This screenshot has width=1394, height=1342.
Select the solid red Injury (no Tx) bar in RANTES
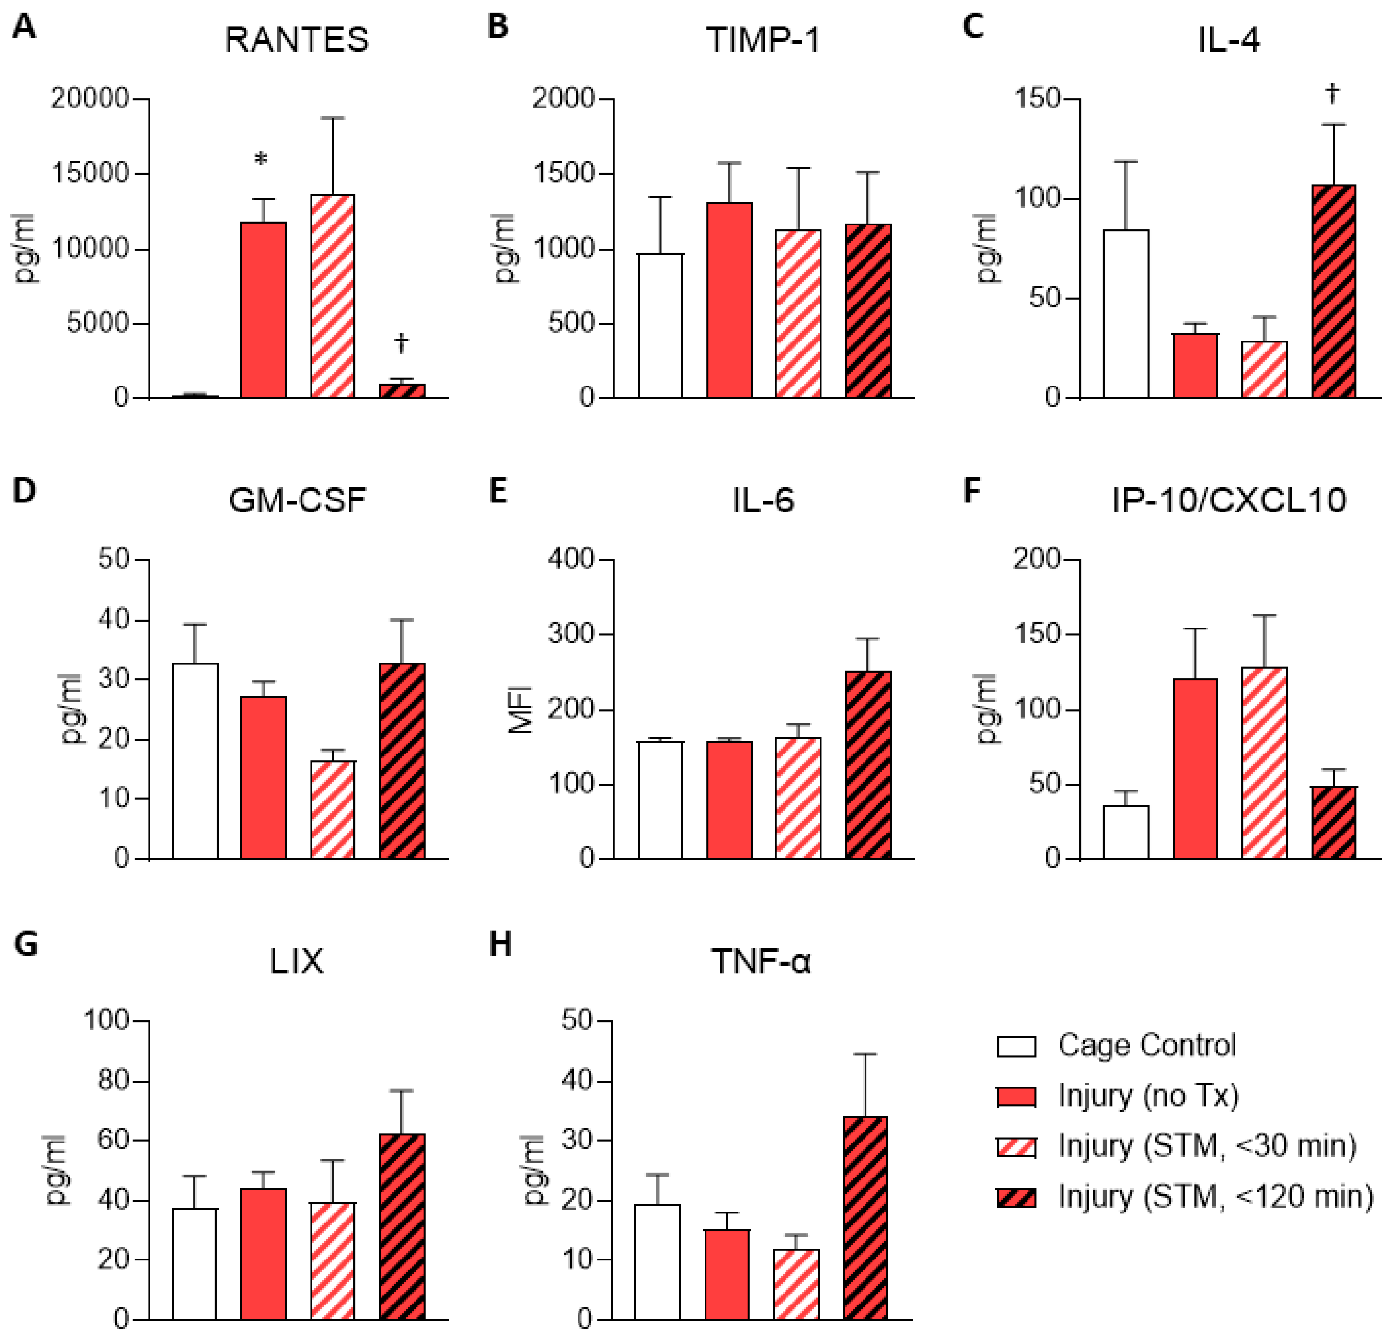[x=263, y=309]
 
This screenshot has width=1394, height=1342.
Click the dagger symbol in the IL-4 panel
[x=1332, y=93]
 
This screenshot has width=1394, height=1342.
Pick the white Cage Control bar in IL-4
[x=1125, y=313]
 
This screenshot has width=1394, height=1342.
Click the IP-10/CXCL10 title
[x=1228, y=500]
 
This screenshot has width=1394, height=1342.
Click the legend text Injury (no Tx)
[x=1148, y=1096]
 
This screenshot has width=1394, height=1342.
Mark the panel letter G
[x=26, y=945]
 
